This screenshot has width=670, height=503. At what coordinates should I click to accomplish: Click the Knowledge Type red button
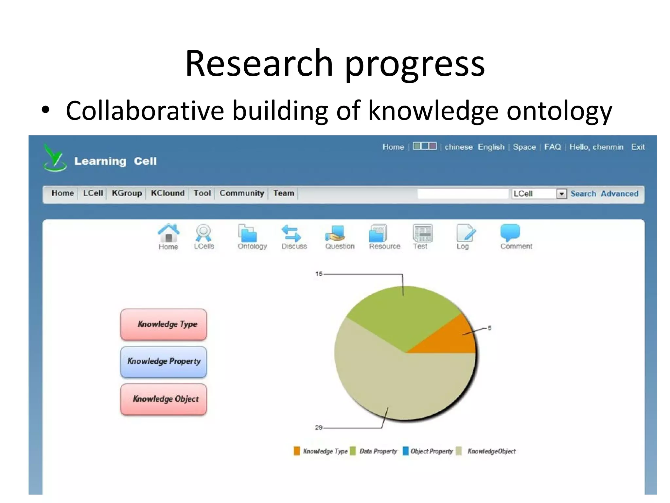point(164,324)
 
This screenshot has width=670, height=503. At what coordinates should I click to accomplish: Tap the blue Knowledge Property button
point(164,362)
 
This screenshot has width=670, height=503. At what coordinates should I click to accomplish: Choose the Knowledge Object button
point(164,399)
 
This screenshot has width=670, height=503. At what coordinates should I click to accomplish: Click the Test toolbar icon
point(422,233)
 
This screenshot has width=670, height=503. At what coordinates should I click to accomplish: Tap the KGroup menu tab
point(127,193)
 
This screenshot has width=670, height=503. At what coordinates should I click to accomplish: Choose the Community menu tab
point(241,193)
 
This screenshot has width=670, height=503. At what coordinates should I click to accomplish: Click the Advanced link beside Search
point(619,194)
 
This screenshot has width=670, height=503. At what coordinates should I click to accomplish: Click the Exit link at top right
point(638,147)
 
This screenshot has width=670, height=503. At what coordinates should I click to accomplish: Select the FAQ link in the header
point(552,147)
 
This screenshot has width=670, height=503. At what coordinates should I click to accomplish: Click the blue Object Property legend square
point(406,451)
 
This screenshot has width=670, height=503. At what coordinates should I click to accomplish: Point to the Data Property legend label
point(378,451)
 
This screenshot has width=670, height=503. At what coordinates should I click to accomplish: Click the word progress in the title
point(414,64)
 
